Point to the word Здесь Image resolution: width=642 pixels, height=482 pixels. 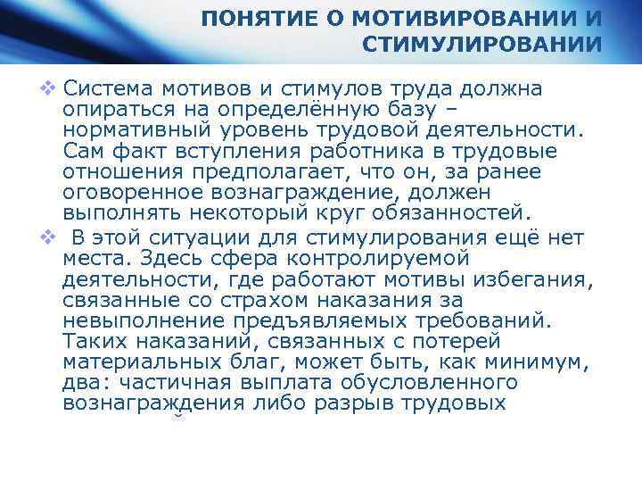tap(162, 259)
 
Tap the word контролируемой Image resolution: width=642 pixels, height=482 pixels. tap(374, 259)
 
